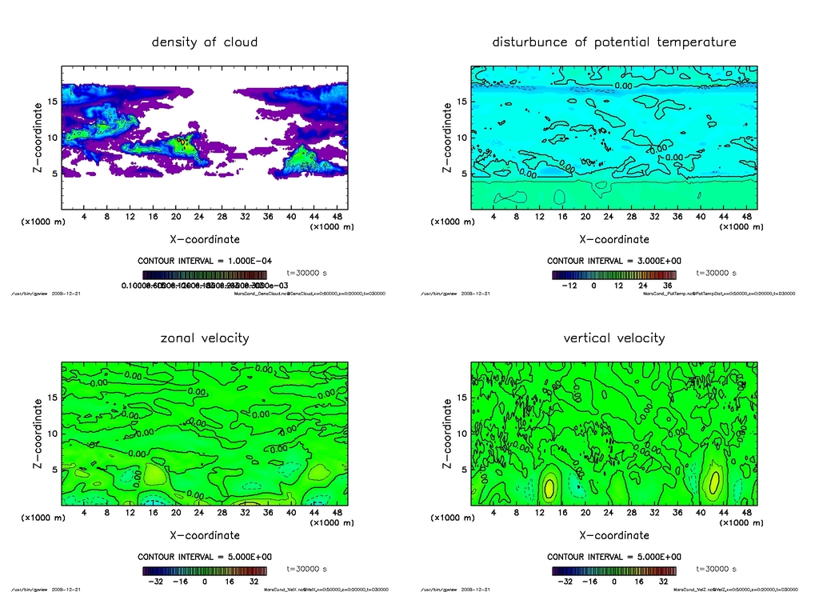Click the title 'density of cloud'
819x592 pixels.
pos(205,42)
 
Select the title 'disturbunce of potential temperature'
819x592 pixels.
pos(613,42)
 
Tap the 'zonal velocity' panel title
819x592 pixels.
pos(205,338)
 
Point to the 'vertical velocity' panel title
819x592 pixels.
pos(613,338)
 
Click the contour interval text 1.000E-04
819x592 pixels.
pos(204,261)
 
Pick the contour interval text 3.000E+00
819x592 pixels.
pos(613,261)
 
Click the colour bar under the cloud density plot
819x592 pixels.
pos(204,274)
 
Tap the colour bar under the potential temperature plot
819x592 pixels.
pos(613,274)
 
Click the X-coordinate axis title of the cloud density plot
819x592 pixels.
pos(205,239)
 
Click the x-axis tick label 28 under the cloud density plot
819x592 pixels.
pos(222,216)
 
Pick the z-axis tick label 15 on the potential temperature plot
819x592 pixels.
pos(461,102)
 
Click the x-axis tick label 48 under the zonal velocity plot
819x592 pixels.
pos(338,512)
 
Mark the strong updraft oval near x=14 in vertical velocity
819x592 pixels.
pos(549,486)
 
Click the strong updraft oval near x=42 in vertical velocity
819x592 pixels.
pos(713,482)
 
